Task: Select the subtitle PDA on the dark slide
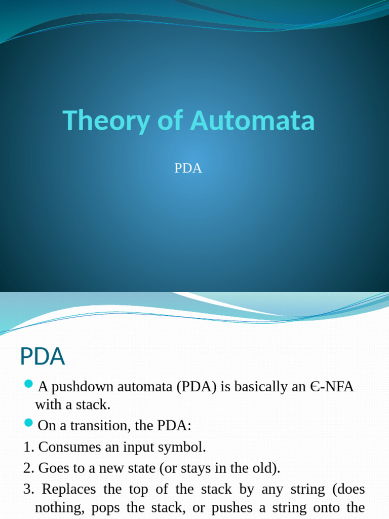pyautogui.click(x=188, y=169)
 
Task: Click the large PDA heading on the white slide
pyautogui.click(x=43, y=356)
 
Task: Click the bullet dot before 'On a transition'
pyautogui.click(x=28, y=422)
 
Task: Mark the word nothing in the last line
pyautogui.click(x=55, y=508)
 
